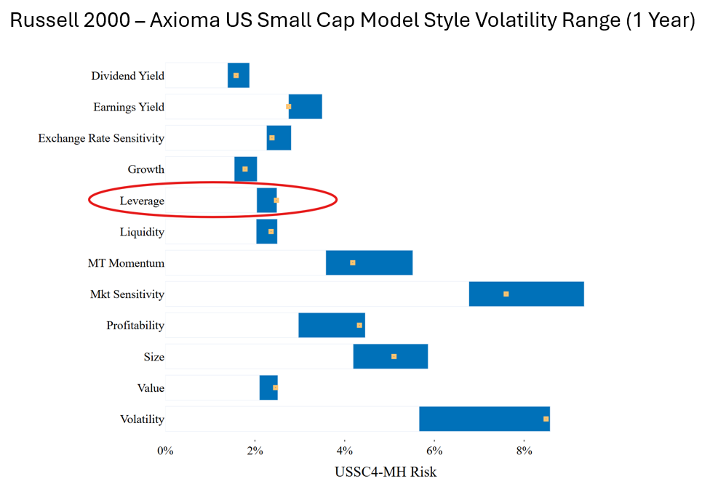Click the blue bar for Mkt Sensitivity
point(526,294)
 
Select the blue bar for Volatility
point(484,419)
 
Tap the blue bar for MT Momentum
point(369,262)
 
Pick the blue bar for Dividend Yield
point(239,76)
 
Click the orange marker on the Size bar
point(394,357)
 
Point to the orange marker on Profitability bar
point(359,325)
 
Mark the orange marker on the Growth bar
point(245,169)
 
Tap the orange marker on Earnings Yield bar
point(289,107)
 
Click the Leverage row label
point(142,201)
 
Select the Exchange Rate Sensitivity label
point(101,138)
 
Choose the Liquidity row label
point(142,232)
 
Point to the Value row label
point(151,388)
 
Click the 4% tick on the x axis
point(345,451)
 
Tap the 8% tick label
point(524,451)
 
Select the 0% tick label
point(165,451)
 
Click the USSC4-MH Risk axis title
point(386,472)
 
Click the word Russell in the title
point(44,22)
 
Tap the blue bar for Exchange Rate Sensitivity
point(279,138)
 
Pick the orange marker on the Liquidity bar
point(271,232)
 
